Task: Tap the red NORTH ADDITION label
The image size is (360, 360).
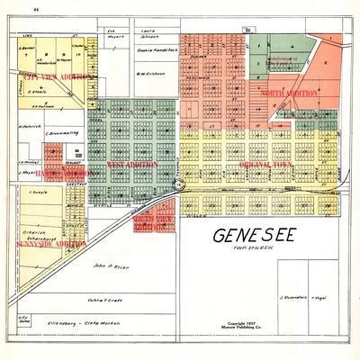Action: tap(289, 94)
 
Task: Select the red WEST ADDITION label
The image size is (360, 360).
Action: tap(131, 165)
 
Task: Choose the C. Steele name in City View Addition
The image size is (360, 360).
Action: tap(39, 91)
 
